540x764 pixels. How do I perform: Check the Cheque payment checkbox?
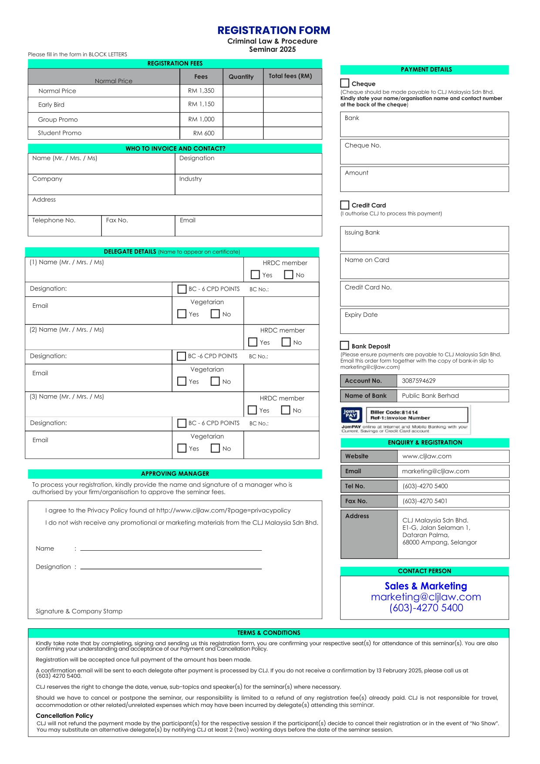point(345,83)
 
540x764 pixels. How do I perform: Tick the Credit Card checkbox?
point(345,205)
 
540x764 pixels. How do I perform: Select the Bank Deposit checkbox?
point(345,346)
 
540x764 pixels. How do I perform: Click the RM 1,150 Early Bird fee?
point(201,104)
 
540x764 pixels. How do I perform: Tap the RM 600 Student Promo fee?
point(204,133)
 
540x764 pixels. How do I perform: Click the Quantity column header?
point(241,77)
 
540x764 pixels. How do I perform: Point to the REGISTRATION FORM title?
point(273,30)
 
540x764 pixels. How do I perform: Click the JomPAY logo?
point(351,415)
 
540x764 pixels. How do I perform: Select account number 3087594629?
point(418,381)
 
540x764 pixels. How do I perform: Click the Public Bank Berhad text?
point(430,396)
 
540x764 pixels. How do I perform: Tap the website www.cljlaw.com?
point(427,456)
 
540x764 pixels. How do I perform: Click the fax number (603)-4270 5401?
point(425,501)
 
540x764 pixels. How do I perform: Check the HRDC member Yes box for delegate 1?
point(256,275)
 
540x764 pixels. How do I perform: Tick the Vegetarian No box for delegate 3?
point(215,448)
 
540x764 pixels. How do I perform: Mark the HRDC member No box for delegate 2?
point(286,342)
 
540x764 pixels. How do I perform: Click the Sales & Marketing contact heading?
point(425,586)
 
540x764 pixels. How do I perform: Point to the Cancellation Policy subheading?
point(64,716)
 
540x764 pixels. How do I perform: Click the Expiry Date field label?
point(361,315)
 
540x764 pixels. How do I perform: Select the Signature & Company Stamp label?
point(79,611)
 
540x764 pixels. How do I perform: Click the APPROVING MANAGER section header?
point(175,474)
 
